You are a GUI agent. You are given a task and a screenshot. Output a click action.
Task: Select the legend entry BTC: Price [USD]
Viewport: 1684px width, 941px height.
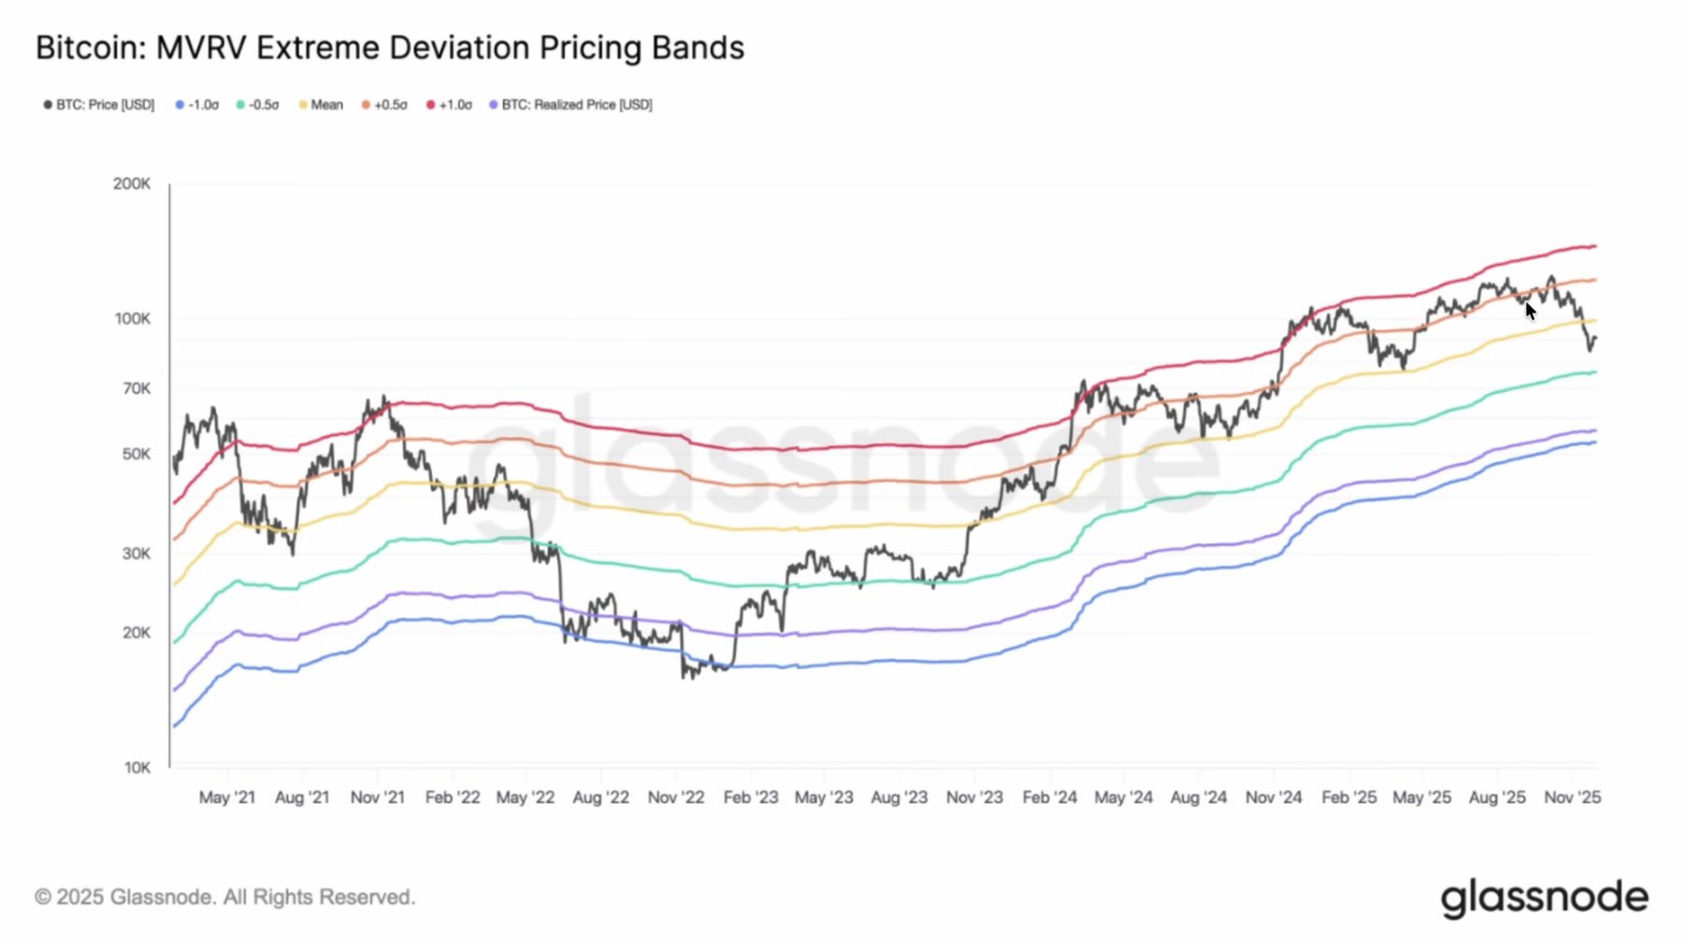[99, 105]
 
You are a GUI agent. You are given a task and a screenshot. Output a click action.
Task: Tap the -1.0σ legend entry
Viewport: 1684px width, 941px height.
[197, 105]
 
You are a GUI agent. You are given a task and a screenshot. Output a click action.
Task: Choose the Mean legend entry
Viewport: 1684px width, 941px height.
[322, 105]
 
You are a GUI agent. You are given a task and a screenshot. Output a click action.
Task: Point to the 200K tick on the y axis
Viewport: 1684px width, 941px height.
[132, 184]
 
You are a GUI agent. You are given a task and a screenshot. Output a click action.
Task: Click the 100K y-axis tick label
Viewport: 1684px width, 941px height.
[132, 319]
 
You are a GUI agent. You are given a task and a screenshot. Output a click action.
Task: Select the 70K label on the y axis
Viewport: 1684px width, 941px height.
[136, 388]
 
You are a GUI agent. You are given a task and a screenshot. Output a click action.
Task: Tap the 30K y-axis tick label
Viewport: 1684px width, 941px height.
[136, 554]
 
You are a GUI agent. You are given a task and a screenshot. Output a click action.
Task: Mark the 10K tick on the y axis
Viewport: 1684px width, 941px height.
[137, 768]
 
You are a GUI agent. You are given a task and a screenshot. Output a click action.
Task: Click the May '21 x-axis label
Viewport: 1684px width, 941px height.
[226, 798]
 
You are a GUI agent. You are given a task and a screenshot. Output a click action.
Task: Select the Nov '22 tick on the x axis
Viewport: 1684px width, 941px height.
[675, 798]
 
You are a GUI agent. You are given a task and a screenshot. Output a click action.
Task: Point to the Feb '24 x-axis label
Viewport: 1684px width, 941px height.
[1049, 798]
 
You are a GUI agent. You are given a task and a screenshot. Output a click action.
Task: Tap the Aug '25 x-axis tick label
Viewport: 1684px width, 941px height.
[1497, 798]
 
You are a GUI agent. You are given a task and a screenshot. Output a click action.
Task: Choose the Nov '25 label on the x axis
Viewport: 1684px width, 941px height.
[1572, 798]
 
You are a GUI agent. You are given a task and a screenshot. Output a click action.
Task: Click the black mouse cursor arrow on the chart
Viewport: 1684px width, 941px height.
[1530, 311]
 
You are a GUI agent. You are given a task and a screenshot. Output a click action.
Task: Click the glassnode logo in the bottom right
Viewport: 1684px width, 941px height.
[1544, 898]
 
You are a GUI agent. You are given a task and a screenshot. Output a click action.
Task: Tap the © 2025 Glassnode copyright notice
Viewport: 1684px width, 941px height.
[224, 897]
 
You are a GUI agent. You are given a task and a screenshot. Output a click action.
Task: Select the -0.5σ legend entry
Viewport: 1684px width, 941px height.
[258, 105]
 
